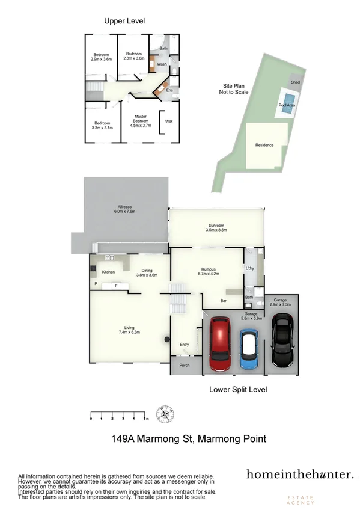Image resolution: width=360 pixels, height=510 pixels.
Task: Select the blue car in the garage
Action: point(249,348)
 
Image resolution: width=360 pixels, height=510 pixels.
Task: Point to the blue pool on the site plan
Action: point(289,99)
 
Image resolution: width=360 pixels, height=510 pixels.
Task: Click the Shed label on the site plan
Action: point(295,82)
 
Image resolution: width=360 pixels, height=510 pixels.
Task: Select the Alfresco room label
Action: point(124,209)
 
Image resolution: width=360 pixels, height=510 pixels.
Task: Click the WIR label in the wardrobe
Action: point(169,120)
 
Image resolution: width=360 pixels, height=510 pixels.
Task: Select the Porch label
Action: point(184,365)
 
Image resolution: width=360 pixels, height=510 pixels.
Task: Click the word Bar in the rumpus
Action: point(224,300)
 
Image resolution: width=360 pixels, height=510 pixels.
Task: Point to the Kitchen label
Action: point(108,272)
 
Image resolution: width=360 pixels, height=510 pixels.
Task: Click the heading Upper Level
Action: point(124,21)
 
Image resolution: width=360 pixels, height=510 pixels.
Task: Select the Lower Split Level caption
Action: point(238,389)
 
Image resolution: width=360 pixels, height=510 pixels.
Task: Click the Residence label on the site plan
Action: point(264,145)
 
